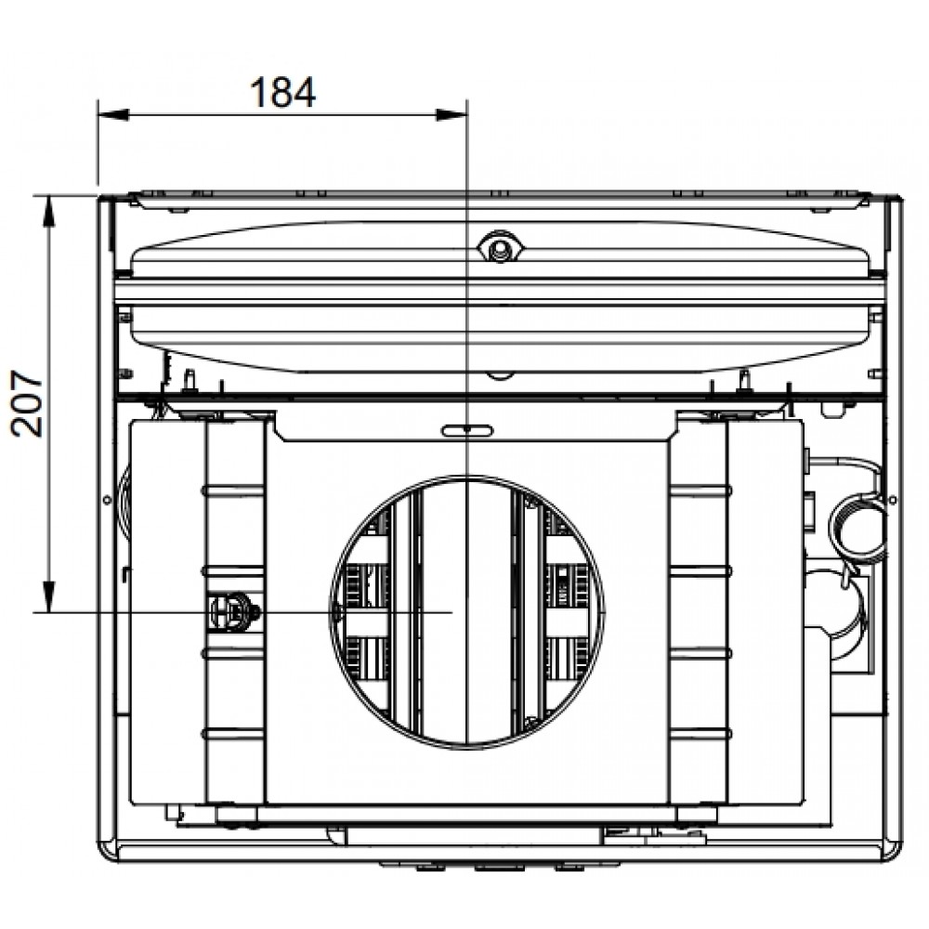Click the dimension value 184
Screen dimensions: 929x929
click(x=282, y=92)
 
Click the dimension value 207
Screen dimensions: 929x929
click(x=28, y=403)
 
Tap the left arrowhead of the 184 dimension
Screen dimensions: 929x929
click(x=113, y=115)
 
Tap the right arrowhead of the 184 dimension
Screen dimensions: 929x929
click(x=451, y=115)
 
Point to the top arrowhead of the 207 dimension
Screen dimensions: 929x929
click(x=48, y=210)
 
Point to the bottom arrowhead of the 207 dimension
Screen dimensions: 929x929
click(x=48, y=596)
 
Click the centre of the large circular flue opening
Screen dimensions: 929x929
click(x=467, y=611)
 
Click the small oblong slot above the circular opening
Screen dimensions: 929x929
click(x=467, y=430)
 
